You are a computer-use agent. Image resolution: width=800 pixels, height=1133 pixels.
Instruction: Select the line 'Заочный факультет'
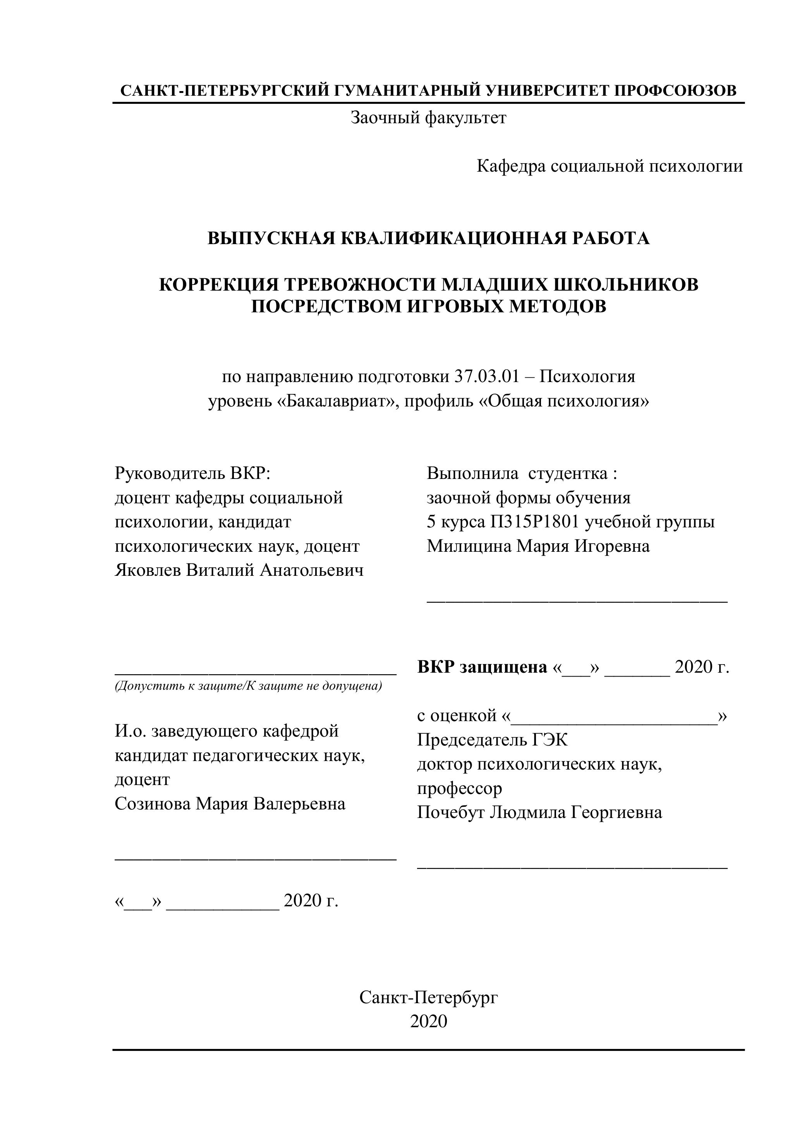click(x=428, y=118)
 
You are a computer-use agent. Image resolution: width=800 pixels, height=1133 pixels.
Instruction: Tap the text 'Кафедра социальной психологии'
click(x=609, y=166)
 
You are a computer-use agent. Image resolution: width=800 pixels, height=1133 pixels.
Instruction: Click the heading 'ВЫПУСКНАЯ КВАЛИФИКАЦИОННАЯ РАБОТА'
click(x=428, y=238)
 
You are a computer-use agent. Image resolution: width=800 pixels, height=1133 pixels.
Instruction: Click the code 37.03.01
click(x=486, y=377)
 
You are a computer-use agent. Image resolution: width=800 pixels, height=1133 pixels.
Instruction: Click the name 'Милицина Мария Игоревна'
click(x=538, y=546)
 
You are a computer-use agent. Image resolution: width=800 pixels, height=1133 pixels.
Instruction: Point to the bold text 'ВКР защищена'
click(x=482, y=667)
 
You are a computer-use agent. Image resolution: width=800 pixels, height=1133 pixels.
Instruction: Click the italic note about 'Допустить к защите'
click(x=248, y=686)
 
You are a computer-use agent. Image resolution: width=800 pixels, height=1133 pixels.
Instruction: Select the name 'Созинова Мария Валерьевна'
click(x=230, y=804)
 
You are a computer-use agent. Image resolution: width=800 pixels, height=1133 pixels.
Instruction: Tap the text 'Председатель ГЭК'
click(x=492, y=740)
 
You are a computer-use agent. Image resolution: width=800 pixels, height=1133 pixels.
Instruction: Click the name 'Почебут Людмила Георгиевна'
click(x=539, y=812)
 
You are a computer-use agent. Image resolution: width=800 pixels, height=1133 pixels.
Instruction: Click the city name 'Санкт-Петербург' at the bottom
click(x=428, y=998)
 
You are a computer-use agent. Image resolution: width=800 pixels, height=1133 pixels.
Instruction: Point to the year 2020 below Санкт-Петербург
click(x=428, y=1021)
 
